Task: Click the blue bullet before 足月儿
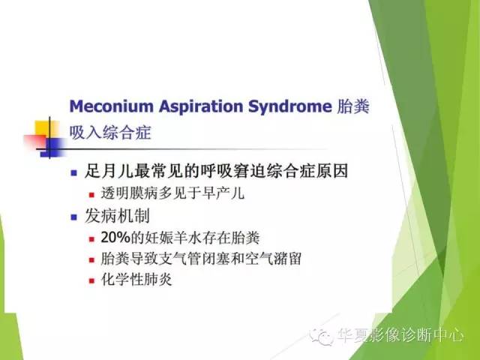73,172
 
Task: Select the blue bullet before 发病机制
73,217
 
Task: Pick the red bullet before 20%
92,239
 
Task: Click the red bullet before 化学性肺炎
92,281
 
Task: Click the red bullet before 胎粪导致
92,260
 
